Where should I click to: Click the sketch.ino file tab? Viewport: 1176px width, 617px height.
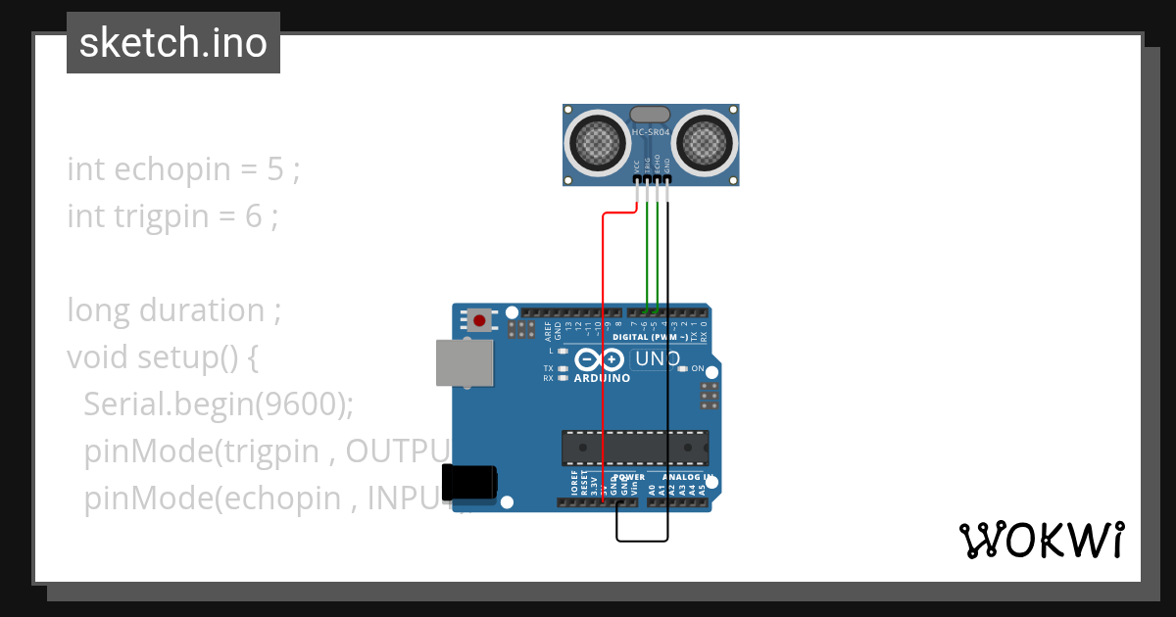tap(173, 43)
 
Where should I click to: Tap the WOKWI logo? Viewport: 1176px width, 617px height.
tap(1041, 540)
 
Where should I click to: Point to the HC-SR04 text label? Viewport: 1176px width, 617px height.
tap(651, 132)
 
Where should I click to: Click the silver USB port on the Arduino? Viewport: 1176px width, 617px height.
tap(463, 362)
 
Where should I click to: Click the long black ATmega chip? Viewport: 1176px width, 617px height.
tap(634, 448)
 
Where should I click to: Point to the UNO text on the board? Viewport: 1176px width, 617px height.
tap(658, 359)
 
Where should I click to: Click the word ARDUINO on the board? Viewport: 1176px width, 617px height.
tap(602, 378)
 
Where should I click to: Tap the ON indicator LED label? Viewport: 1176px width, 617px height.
tap(698, 369)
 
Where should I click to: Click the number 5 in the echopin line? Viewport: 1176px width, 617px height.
tap(275, 169)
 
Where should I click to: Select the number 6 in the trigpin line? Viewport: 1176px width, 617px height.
tap(254, 215)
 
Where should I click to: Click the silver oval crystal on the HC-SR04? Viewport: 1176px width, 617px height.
tap(651, 115)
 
